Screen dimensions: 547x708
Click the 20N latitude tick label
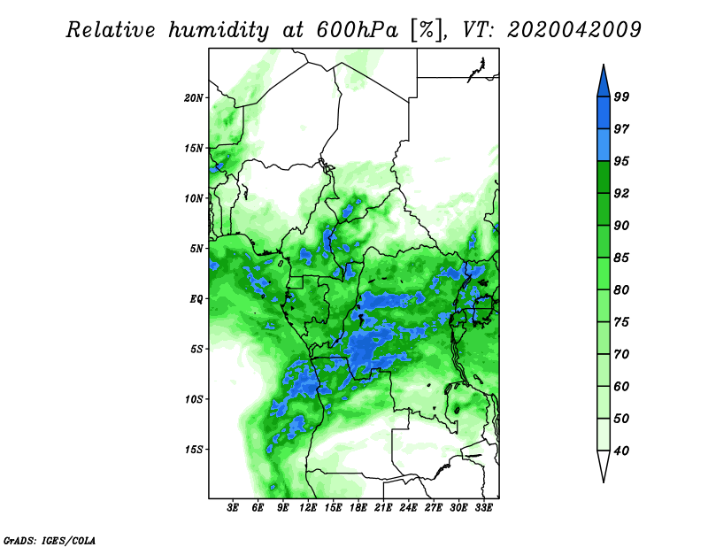pos(194,97)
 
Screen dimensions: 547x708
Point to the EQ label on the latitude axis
pos(196,299)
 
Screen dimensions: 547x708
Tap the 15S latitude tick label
pos(194,450)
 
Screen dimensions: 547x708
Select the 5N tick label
pos(196,249)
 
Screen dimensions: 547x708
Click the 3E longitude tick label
pos(233,508)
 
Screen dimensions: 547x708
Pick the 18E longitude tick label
pos(358,508)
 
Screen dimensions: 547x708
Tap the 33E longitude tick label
pos(484,508)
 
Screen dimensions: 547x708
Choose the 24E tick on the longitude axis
pos(409,508)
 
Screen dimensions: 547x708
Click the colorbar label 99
pos(621,97)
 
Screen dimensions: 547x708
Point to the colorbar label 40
pos(621,451)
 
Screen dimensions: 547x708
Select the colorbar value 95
pos(621,161)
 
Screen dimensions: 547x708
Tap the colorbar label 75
pos(621,322)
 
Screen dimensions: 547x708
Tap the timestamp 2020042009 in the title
pos(573,30)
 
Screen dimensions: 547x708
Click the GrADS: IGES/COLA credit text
pos(49,539)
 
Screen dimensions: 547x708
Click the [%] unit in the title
pos(425,30)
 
